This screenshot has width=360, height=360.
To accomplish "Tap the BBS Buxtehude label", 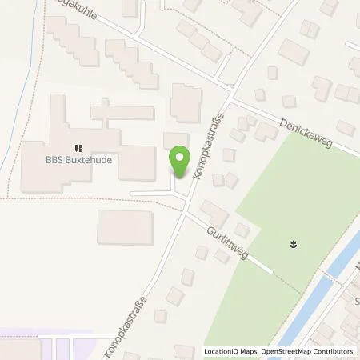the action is pos(78,159).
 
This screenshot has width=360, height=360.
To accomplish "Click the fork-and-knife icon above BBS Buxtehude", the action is pos(78,147).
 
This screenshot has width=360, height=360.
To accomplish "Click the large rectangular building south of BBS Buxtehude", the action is pos(125,227).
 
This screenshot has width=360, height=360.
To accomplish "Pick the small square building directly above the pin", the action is pos(176,141).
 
